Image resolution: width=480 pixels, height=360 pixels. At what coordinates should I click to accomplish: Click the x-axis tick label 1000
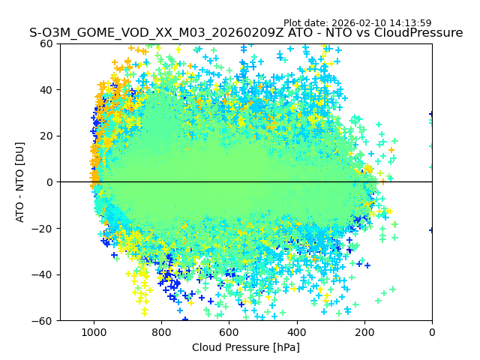point(94,332)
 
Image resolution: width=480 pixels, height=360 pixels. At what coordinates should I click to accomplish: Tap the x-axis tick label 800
point(161,332)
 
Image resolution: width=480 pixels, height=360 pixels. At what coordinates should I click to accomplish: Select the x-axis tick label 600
point(229,332)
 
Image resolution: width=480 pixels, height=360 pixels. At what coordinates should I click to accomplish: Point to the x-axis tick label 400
point(296,332)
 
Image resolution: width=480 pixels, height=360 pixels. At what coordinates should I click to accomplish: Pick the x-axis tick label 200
point(364,332)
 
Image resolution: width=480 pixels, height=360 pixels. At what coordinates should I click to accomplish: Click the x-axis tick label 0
point(432,332)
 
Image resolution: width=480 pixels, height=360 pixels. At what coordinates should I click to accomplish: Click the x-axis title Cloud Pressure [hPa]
point(246,347)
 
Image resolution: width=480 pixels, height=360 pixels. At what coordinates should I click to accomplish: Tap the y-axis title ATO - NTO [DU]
point(21,182)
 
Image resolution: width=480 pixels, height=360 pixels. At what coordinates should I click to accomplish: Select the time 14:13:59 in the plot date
point(409,23)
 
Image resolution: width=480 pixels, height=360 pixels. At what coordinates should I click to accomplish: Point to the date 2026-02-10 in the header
point(357,23)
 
